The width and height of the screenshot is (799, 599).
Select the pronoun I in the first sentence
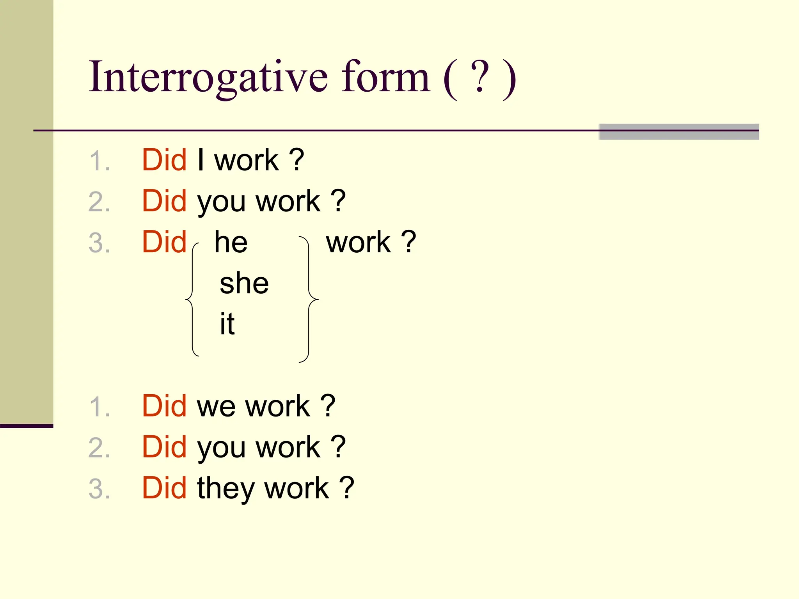click(201, 160)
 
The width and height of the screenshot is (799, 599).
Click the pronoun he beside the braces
click(231, 242)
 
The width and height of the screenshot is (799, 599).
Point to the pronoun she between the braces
click(244, 283)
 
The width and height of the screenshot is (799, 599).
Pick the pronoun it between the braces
click(227, 324)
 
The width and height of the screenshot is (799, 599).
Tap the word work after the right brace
click(358, 242)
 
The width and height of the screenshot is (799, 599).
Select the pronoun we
click(217, 406)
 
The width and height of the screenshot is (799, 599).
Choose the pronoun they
click(224, 488)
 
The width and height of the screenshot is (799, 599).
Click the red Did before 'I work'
click(164, 160)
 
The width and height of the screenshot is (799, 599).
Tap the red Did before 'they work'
click(164, 488)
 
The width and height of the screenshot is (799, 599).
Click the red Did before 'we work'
click(164, 406)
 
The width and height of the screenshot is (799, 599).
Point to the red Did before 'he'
click(164, 242)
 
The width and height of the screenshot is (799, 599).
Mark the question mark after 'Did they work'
click(346, 488)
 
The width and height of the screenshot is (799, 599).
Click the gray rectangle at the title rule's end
click(679, 132)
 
